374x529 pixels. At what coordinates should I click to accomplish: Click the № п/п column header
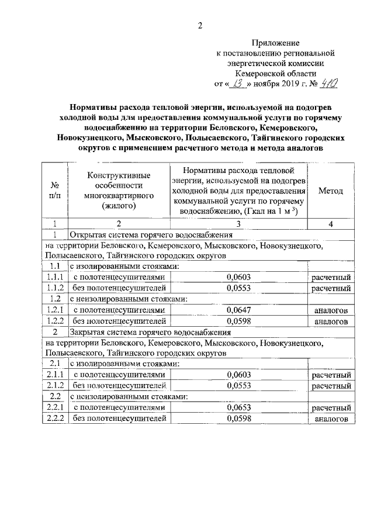point(54,191)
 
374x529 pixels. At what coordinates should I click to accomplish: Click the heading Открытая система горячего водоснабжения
point(151,234)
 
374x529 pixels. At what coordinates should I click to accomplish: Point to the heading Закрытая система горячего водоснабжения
point(151,332)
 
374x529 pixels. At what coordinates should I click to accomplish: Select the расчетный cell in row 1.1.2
point(331,288)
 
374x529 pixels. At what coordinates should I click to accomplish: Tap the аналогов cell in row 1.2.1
point(331,310)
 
